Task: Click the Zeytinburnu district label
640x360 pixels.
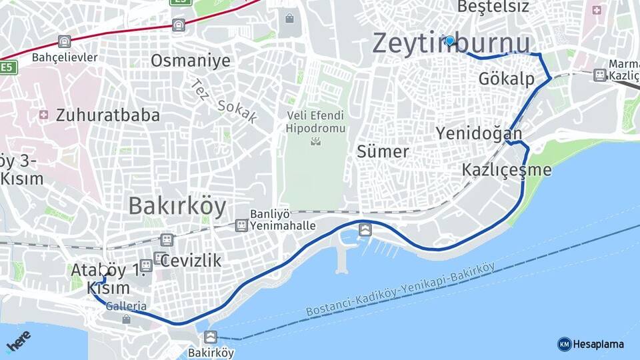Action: pos(451,43)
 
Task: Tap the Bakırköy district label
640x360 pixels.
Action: pos(177,205)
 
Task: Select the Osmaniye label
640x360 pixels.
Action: pos(190,61)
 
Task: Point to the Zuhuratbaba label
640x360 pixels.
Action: pos(108,115)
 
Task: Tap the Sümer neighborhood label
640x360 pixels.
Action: pos(382,151)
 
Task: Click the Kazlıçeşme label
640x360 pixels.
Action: pos(507,170)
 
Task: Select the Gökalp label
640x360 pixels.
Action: pos(507,79)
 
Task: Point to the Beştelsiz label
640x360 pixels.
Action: pos(493,7)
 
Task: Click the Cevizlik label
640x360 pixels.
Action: pos(191,260)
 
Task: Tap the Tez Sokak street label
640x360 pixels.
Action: pos(224,101)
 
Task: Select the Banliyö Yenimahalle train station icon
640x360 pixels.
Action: pos(241,225)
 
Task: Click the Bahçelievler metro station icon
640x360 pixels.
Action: pos(63,42)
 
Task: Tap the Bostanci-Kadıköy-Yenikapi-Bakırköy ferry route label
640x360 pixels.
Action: pos(400,291)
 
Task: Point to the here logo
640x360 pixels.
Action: pos(18,341)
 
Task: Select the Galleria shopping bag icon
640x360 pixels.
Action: pos(126,319)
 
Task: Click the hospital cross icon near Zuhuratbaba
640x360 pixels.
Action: pos(44,115)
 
